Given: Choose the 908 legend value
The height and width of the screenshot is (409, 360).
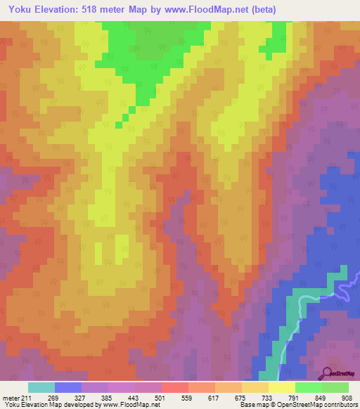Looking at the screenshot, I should point(347,398).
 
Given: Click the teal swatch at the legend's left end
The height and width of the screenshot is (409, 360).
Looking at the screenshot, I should point(41,387).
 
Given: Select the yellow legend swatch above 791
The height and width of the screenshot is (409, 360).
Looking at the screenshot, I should point(282,387).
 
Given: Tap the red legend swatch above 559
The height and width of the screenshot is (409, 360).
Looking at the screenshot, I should point(175,387).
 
